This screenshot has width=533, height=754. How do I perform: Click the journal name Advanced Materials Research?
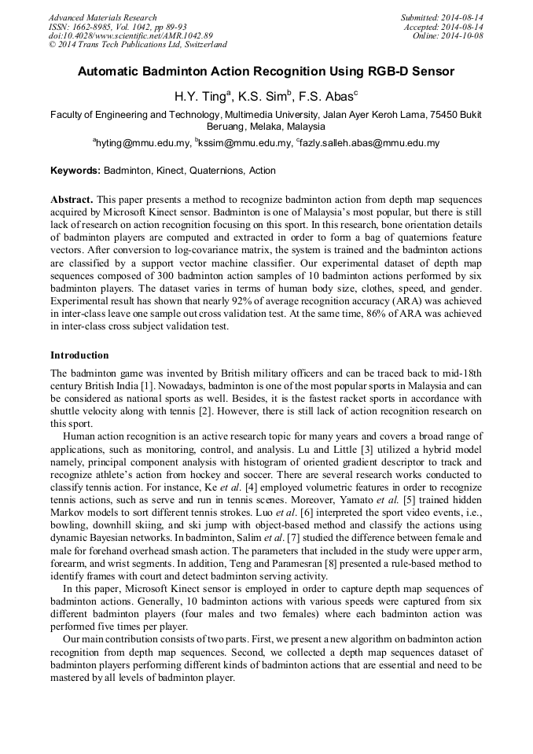(x=103, y=17)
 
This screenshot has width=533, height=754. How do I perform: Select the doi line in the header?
(x=130, y=35)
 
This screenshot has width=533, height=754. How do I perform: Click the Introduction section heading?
(x=79, y=355)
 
